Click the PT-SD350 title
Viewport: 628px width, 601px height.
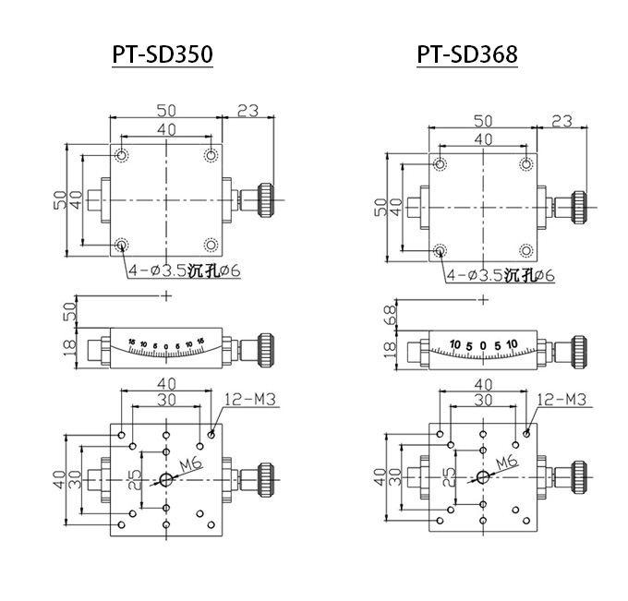point(163,54)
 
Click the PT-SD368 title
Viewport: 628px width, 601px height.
point(467,54)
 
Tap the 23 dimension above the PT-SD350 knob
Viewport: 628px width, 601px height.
point(248,111)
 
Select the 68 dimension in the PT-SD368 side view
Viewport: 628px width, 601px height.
point(390,314)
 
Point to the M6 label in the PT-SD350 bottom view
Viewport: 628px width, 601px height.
point(190,464)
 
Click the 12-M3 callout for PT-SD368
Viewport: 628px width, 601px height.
point(562,399)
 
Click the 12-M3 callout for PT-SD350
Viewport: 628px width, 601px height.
point(250,399)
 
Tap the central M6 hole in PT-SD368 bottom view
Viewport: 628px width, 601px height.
point(483,476)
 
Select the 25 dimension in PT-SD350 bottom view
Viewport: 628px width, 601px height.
point(135,479)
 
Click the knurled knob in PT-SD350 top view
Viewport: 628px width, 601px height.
point(266,199)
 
